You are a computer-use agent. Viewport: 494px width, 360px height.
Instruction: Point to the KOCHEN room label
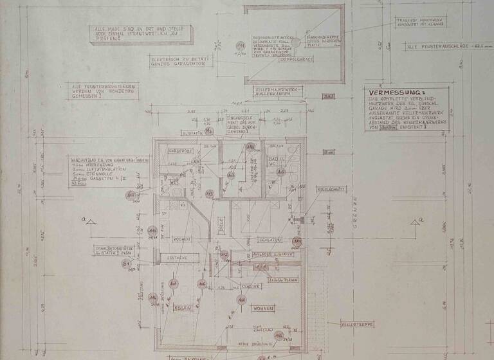181,239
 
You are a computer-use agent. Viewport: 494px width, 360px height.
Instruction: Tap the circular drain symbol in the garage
298,40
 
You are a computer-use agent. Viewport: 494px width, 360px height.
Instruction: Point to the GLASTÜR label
250,286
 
